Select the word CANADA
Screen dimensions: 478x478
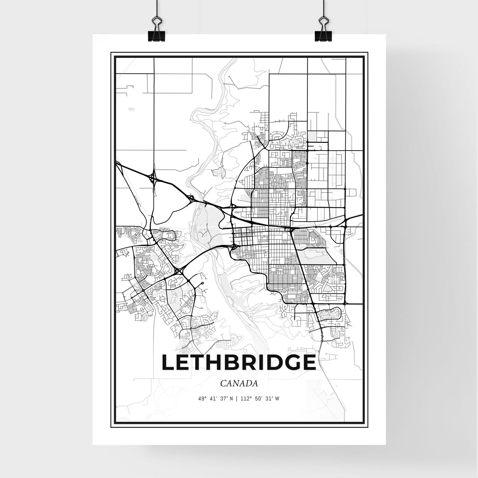coord(239,383)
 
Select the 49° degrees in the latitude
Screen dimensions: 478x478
coord(200,399)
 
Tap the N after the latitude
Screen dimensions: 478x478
coord(232,399)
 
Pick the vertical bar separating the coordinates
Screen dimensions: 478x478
coord(236,399)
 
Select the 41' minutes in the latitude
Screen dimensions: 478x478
coord(211,399)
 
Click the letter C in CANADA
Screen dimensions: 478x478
coord(222,383)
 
